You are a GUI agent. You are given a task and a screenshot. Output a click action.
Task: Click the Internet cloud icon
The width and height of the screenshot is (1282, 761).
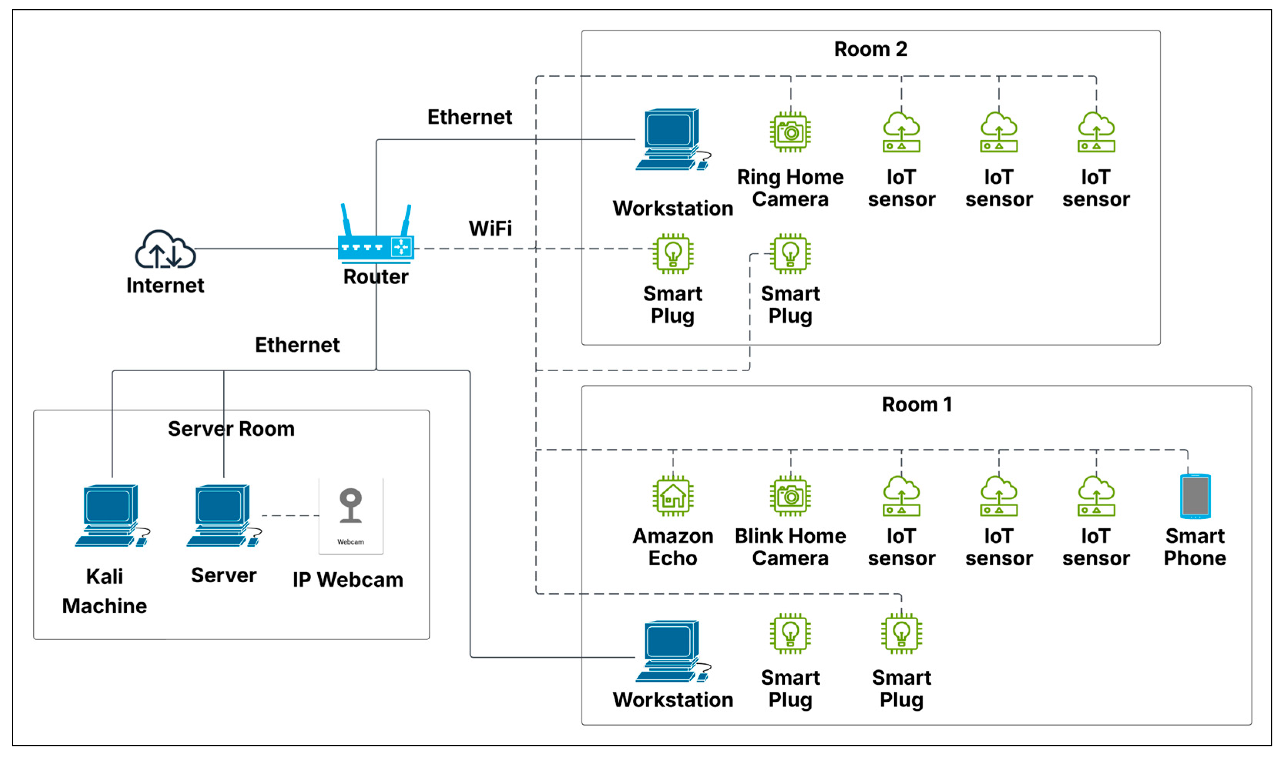click(x=164, y=249)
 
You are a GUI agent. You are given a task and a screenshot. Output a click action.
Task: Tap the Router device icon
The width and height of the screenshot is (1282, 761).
click(x=376, y=247)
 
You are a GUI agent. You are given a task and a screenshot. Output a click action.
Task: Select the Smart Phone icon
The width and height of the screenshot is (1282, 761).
click(x=1195, y=496)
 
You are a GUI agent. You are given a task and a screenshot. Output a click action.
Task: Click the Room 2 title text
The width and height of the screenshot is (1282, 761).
click(x=870, y=49)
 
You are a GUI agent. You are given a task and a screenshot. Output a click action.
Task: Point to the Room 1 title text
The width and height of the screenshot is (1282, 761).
click(x=917, y=405)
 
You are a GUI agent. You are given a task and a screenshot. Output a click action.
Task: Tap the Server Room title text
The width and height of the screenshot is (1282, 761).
click(x=231, y=429)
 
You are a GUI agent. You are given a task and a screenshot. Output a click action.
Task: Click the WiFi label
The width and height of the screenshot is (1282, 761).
click(x=490, y=228)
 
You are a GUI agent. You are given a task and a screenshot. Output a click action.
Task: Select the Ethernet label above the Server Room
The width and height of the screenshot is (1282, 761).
click(x=297, y=345)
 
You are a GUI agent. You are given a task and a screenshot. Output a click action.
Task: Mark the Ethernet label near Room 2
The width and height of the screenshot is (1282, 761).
click(x=470, y=117)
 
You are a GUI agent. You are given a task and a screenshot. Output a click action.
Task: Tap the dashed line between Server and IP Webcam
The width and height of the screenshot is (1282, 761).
click(x=290, y=515)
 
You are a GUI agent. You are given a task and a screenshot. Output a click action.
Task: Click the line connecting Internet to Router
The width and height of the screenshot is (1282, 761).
click(x=266, y=249)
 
